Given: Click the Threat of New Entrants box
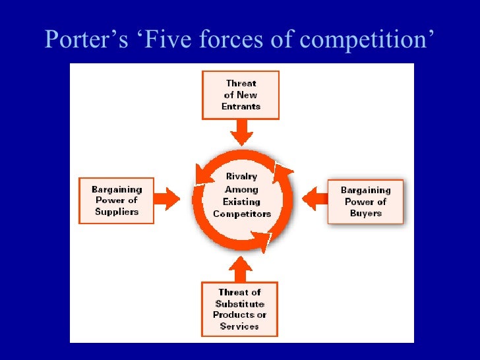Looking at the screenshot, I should pos(241,95).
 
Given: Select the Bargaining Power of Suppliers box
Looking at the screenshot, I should pos(116,200).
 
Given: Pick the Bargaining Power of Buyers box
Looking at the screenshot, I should pos(365,201).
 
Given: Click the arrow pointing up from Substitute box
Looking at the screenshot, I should pos(240,268).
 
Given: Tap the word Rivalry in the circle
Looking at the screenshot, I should pos(241,177).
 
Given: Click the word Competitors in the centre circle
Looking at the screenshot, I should pos(241,214).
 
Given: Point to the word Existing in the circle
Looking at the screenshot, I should pos(241,202).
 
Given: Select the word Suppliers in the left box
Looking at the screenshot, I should pos(116,212).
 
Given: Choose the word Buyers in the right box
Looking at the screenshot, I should pos(365,213).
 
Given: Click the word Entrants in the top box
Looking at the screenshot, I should pos(241,106).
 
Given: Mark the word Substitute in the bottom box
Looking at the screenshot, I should pos(240,303).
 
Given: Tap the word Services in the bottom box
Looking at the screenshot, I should pos(240,326).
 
